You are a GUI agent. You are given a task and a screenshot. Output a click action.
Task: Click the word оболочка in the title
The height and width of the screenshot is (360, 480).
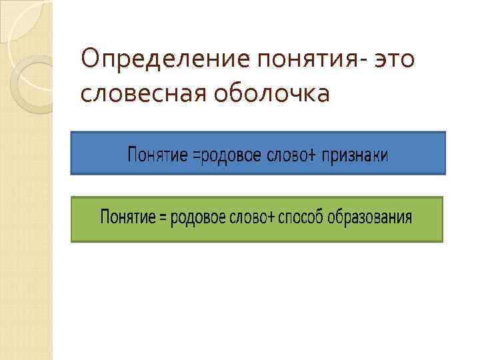[x=273, y=93]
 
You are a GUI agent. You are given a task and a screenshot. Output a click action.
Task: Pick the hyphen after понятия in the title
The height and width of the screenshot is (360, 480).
[x=361, y=62]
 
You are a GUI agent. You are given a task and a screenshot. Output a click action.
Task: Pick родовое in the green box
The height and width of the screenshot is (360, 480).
[x=199, y=217]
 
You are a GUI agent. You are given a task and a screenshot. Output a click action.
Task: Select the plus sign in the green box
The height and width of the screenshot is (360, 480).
[x=270, y=218]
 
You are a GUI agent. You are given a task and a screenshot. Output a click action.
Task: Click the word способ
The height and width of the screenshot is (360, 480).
[x=299, y=217]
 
